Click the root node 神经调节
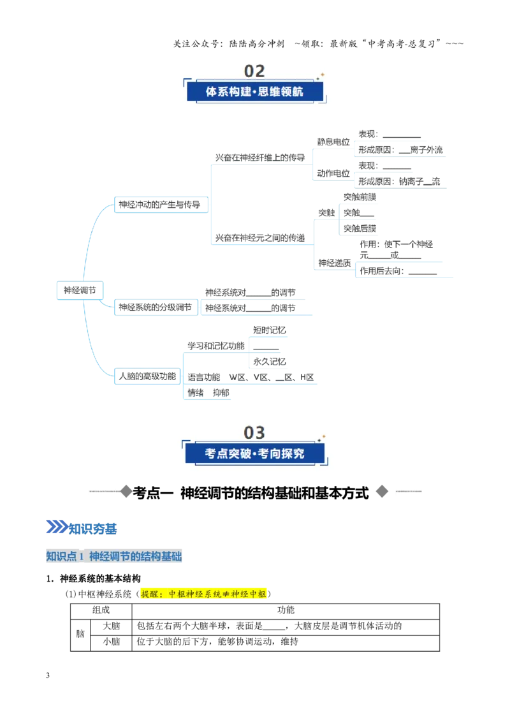pyautogui.click(x=80, y=290)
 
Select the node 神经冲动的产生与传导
pyautogui.click(x=161, y=205)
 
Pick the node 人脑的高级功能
pyautogui.click(x=147, y=376)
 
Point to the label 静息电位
pyautogui.click(x=333, y=142)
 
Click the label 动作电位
pyautogui.click(x=333, y=173)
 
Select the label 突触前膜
pyautogui.click(x=360, y=197)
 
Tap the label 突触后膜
pyautogui.click(x=360, y=228)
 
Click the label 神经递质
pyautogui.click(x=335, y=263)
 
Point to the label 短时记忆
pyautogui.click(x=269, y=330)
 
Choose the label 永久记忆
pyautogui.click(x=269, y=362)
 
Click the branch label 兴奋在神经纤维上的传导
pyautogui.click(x=260, y=158)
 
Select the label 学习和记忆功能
pyautogui.click(x=216, y=346)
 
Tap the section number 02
pyautogui.click(x=254, y=71)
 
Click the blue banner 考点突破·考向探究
pyautogui.click(x=254, y=453)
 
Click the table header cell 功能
pyautogui.click(x=286, y=610)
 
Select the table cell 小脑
pyautogui.click(x=112, y=642)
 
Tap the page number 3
pyautogui.click(x=48, y=675)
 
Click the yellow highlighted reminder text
pyautogui.click(x=203, y=594)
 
